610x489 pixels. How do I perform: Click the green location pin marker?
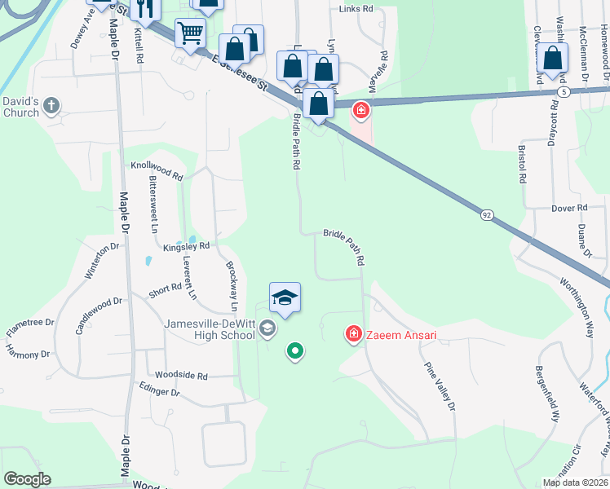[x=295, y=351]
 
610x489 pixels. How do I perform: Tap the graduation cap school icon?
[x=285, y=297]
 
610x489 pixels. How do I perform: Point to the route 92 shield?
[x=487, y=214]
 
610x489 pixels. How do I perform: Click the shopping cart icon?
[x=190, y=33]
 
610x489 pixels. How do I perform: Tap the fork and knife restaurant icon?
[x=146, y=8]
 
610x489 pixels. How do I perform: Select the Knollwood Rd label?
[x=157, y=169]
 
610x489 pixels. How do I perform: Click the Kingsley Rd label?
[x=186, y=245]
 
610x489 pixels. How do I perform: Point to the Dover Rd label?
[x=569, y=209]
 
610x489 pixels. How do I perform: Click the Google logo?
[x=27, y=479]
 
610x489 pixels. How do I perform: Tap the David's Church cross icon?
[x=51, y=104]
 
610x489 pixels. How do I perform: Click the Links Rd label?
[x=356, y=9]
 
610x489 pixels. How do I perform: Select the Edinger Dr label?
[x=159, y=391]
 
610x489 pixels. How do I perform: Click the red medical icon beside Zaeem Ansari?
[x=354, y=333]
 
